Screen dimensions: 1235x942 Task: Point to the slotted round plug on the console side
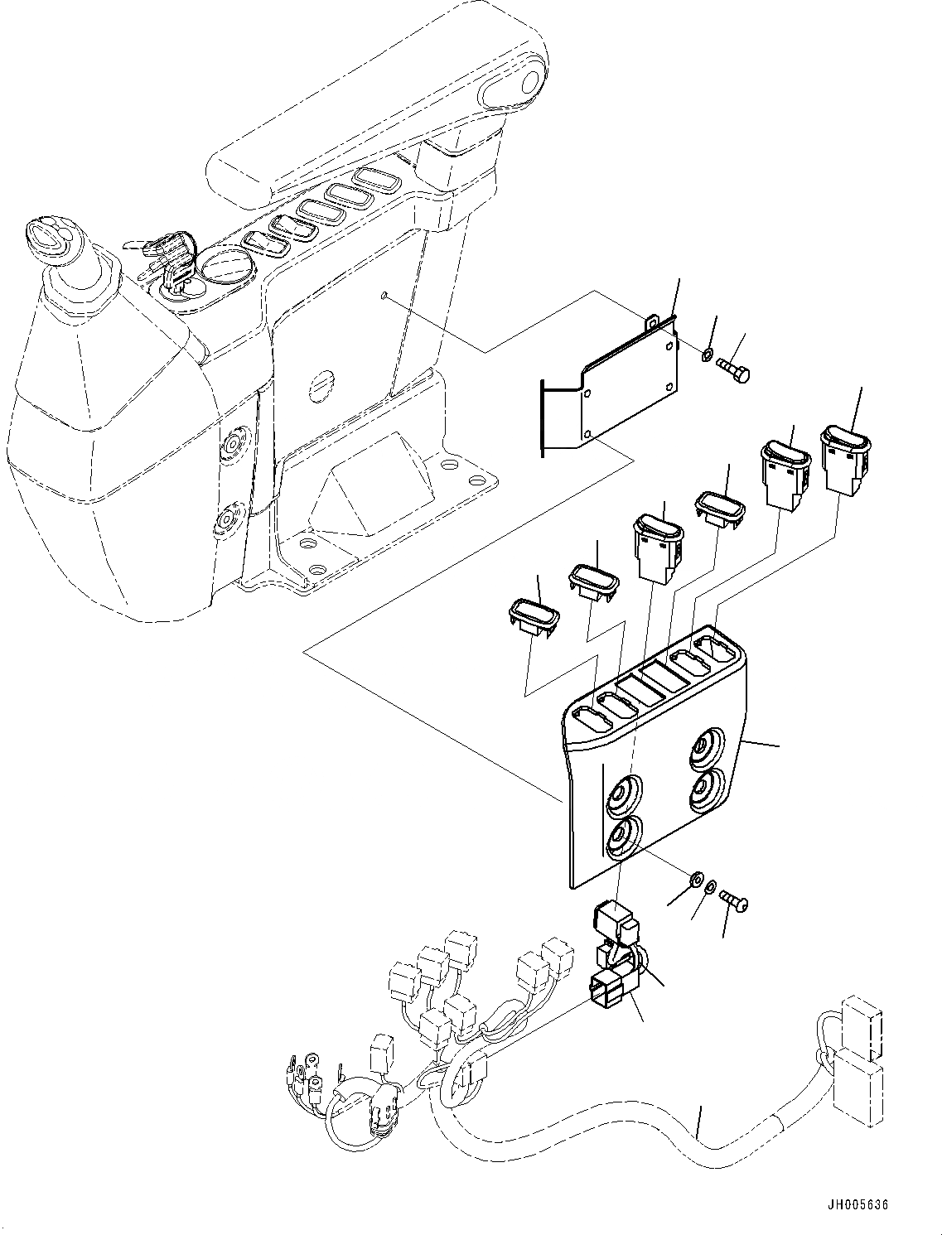(x=321, y=385)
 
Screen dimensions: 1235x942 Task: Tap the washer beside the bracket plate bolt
(x=705, y=355)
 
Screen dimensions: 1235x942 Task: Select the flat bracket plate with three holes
(x=626, y=389)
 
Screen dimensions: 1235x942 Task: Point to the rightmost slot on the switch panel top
(x=713, y=648)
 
